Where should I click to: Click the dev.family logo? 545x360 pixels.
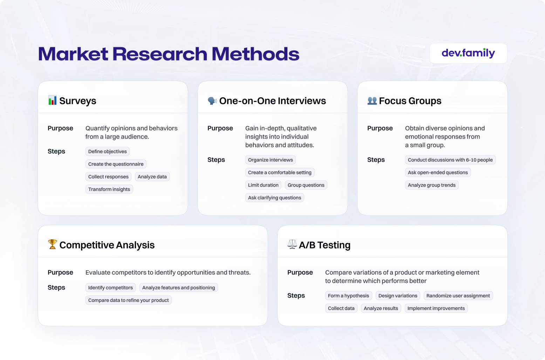[x=468, y=53]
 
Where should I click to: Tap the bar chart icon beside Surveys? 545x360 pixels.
[x=52, y=100]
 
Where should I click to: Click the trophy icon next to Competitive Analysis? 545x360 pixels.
[x=52, y=244]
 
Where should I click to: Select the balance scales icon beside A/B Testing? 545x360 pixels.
[x=292, y=244]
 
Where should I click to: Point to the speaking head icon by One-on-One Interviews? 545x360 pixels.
[x=212, y=101]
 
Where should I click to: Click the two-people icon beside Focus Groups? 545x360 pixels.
[x=372, y=101]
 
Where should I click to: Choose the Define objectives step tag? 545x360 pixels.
[x=108, y=151]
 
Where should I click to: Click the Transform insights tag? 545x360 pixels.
[x=109, y=189]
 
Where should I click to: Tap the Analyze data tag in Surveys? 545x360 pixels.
[x=152, y=177]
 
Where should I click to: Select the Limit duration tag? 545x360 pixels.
[x=263, y=185]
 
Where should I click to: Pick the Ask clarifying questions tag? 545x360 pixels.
[x=275, y=198]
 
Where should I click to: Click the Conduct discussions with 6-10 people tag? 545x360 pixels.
[x=450, y=160]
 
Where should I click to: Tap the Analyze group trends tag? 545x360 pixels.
[x=432, y=185]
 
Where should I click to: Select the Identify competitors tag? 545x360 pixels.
[x=111, y=288]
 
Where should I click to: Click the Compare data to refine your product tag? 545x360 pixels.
[x=129, y=300]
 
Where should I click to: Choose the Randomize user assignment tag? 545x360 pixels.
[x=458, y=296]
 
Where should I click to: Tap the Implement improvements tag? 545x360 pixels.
[x=436, y=308]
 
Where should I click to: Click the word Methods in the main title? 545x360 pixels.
[x=256, y=54]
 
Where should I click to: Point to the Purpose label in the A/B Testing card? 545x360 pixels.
[x=300, y=272]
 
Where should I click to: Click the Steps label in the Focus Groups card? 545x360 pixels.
[x=376, y=160]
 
